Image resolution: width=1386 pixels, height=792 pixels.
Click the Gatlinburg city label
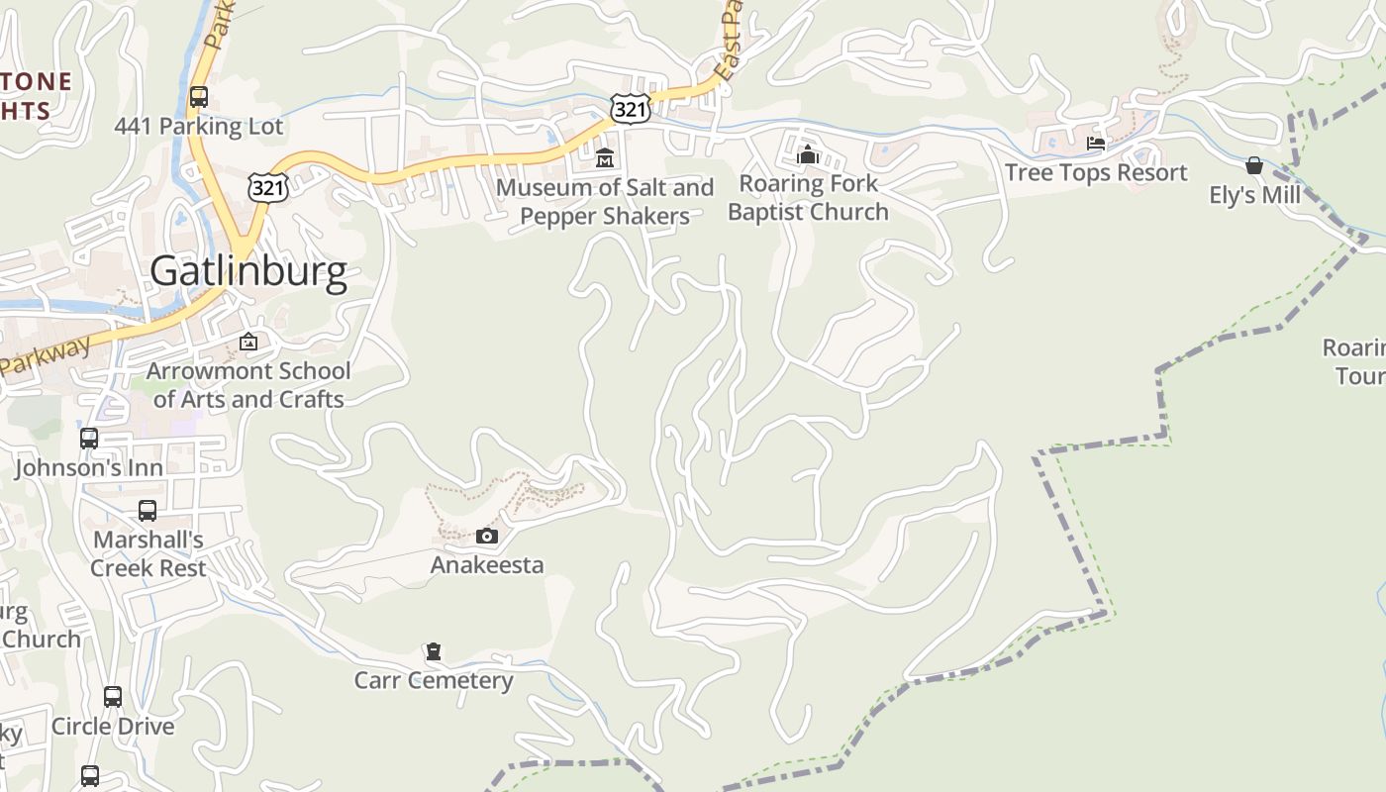[248, 271]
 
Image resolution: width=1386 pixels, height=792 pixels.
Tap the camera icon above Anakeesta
[487, 537]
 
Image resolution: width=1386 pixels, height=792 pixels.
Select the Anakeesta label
[487, 565]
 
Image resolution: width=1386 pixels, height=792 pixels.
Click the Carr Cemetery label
[434, 681]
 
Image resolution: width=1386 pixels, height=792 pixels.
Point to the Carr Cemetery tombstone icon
[433, 652]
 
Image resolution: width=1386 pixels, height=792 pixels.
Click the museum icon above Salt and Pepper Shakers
[605, 157]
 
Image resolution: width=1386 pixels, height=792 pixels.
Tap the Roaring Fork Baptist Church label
[808, 198]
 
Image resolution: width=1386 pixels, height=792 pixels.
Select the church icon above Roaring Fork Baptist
[808, 154]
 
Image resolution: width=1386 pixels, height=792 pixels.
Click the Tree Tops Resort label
[1096, 172]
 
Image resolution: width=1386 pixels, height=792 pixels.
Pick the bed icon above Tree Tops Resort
[1095, 144]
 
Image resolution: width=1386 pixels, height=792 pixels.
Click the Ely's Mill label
[1254, 195]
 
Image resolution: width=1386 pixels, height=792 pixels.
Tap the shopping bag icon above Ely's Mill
[1254, 165]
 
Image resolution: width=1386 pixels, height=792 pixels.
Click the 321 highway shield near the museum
[631, 109]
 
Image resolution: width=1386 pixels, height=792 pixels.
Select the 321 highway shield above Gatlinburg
[268, 186]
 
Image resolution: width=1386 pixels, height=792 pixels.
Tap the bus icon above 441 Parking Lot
[199, 97]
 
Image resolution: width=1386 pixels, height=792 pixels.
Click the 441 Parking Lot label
[198, 127]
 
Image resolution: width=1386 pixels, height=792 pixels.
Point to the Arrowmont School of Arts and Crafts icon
[248, 343]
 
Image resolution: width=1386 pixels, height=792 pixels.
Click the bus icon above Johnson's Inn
[89, 438]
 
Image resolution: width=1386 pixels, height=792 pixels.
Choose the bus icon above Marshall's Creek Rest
[148, 511]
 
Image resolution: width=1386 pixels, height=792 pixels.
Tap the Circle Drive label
[113, 727]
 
